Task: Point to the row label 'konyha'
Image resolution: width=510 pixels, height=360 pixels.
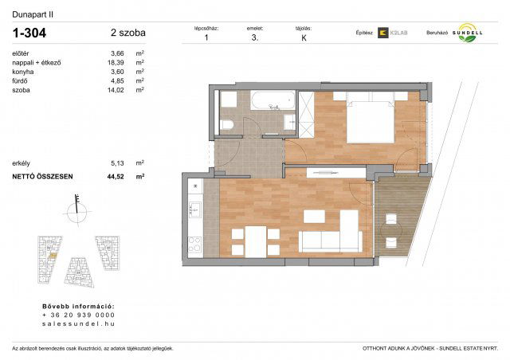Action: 24,72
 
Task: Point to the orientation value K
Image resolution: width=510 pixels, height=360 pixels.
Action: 304,37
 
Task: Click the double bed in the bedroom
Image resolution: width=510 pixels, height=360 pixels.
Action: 369,121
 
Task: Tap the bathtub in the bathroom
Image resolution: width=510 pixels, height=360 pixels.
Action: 271,101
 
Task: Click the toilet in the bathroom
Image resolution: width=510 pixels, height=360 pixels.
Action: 226,125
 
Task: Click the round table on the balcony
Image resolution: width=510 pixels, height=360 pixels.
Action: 390,231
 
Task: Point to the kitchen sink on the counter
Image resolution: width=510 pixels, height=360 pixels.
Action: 192,209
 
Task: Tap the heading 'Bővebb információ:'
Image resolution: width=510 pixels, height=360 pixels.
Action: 77,306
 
